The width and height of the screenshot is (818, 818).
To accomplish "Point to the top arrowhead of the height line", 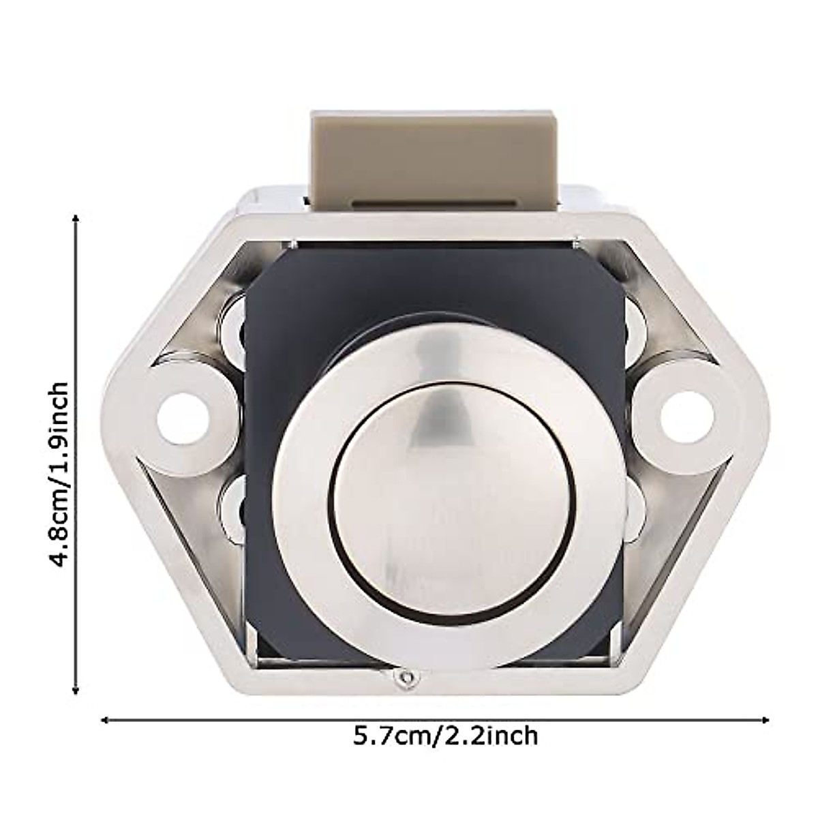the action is tap(76, 218).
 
